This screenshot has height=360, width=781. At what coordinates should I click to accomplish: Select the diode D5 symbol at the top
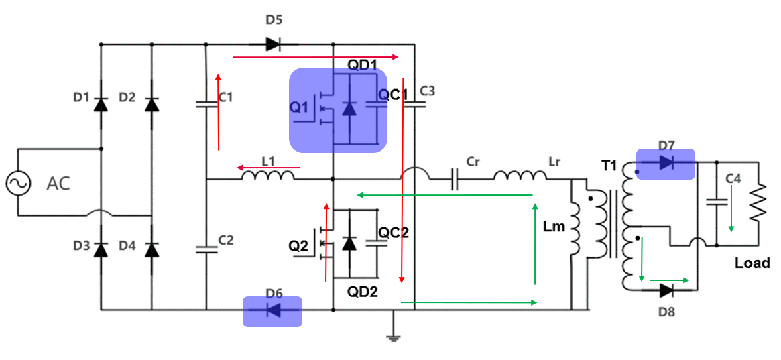pos(272,45)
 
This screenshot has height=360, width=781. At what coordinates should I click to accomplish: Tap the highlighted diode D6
pos(272,310)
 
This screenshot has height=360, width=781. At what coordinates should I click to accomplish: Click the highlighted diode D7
pos(665,163)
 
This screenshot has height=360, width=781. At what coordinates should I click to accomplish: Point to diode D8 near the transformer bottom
pos(666,290)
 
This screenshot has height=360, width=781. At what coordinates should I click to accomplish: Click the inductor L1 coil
pos(267,177)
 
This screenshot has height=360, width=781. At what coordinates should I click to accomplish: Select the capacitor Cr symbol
pos(455,180)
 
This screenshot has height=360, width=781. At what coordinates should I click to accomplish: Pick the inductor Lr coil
pos(521,177)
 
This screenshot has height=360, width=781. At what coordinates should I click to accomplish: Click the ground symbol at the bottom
pos(394,337)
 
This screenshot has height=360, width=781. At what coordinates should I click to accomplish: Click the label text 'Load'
pos(752,263)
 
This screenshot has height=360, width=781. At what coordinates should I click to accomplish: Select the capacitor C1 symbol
pos(206,104)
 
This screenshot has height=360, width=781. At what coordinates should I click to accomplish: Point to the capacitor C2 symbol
pos(206,248)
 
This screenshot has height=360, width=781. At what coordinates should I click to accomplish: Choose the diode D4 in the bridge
pos(152,249)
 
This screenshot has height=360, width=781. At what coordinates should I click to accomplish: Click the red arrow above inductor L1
pos(267,168)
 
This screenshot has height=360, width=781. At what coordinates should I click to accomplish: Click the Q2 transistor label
pos(298,246)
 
